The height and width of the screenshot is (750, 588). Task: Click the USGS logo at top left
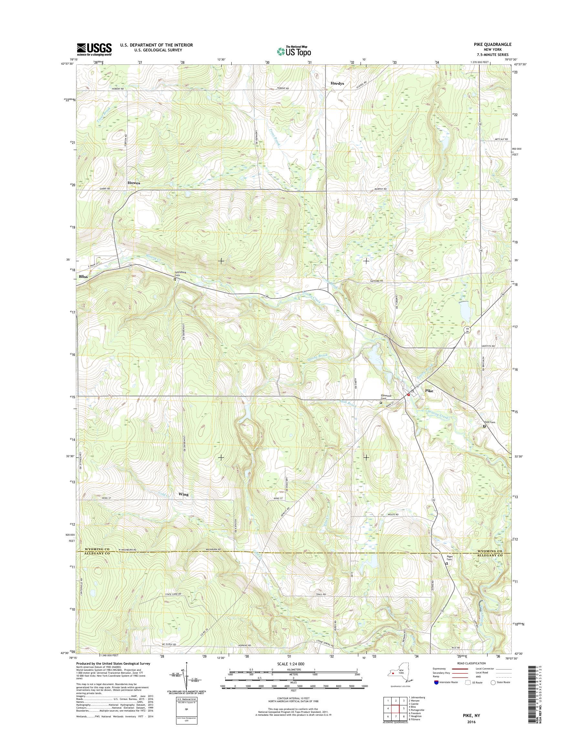coord(94,49)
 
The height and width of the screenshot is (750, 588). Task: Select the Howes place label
coord(134,183)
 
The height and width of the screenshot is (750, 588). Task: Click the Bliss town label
coord(83,277)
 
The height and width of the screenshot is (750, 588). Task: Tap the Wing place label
coord(184,494)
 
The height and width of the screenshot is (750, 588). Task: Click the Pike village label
coord(429,391)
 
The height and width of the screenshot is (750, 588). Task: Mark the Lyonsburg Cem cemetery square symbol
coord(175,279)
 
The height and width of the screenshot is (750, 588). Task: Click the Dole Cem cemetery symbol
coord(484,426)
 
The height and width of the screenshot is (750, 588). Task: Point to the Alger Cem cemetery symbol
coord(447,563)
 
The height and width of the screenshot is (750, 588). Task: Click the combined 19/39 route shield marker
coord(467,330)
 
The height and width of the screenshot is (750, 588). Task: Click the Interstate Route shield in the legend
coord(436,682)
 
